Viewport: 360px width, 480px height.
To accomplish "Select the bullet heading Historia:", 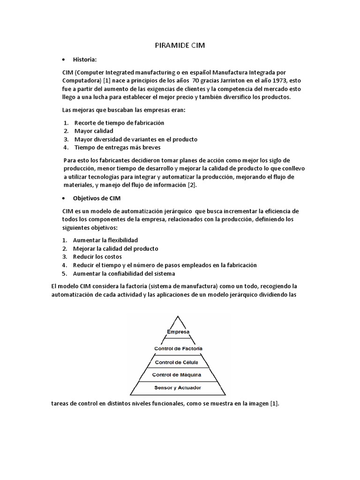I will [x=85, y=60].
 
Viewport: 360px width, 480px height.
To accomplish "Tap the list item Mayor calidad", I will [x=93, y=131].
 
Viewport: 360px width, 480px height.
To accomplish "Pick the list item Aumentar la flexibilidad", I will [x=105, y=240].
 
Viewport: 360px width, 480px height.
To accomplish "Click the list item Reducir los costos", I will [x=97, y=257].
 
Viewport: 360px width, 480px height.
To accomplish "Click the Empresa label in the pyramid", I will [x=178, y=332].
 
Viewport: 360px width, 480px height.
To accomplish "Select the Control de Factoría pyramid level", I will [x=178, y=348].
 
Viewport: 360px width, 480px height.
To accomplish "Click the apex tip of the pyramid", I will [x=178, y=317].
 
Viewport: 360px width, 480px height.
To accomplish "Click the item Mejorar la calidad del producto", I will [x=115, y=248].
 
